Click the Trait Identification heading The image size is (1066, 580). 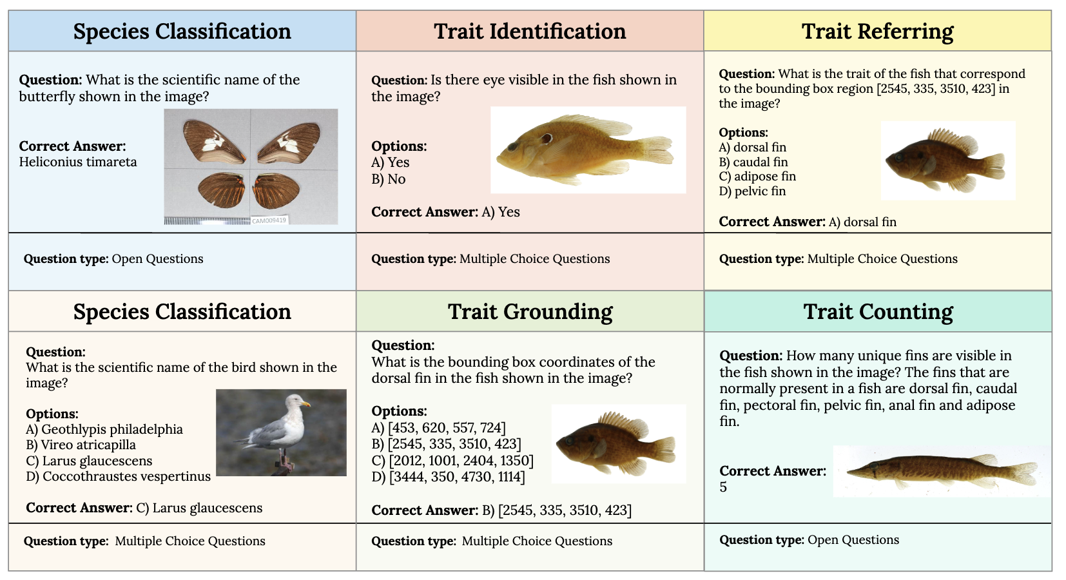pos(530,31)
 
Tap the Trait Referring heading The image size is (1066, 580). pos(877,31)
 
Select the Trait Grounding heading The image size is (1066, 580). pos(530,312)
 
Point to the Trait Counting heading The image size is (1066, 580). pos(878,312)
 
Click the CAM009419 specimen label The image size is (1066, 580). pos(269,220)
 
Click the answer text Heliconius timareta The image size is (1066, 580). pos(78,162)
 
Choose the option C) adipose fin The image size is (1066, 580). pos(757,177)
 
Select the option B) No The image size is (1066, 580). pos(388,179)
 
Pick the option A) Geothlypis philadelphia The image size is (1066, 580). pos(104,429)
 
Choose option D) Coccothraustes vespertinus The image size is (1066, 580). pos(118,476)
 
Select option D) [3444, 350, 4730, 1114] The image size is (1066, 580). pos(448,477)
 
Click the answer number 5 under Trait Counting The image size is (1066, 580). pos(723,487)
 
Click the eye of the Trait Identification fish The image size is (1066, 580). pos(547,137)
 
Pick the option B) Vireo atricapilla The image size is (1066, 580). pos(81,445)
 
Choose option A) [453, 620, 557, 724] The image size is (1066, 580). pos(438,428)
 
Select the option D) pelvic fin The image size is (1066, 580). pos(752,191)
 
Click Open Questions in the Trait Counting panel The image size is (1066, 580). pos(853,540)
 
